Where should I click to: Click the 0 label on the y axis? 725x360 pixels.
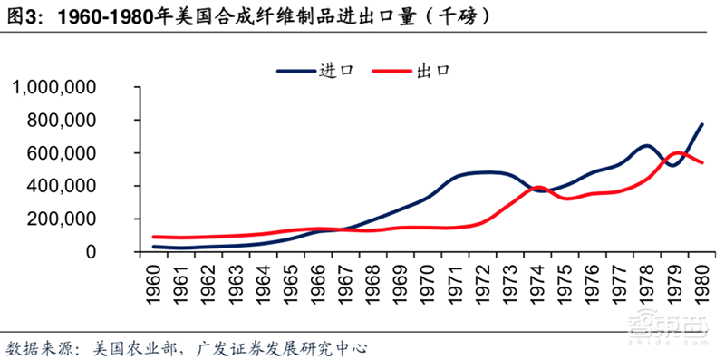coord(118,252)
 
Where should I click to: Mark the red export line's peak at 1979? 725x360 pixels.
coord(678,152)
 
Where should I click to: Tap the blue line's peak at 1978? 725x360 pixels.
coord(645,145)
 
